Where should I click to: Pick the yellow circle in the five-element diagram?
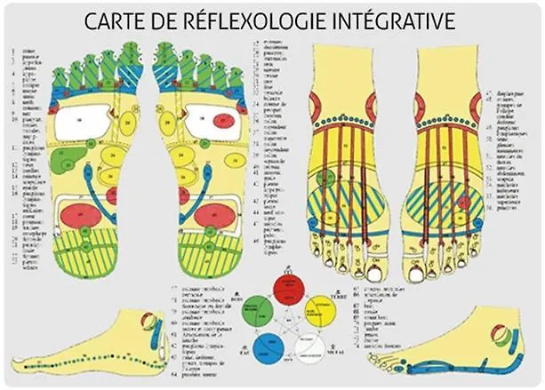(319, 312)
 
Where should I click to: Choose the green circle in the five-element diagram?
(253, 312)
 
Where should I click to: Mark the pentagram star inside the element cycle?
(286, 322)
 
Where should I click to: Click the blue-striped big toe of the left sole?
(130, 71)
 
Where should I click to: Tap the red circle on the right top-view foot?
(463, 202)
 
